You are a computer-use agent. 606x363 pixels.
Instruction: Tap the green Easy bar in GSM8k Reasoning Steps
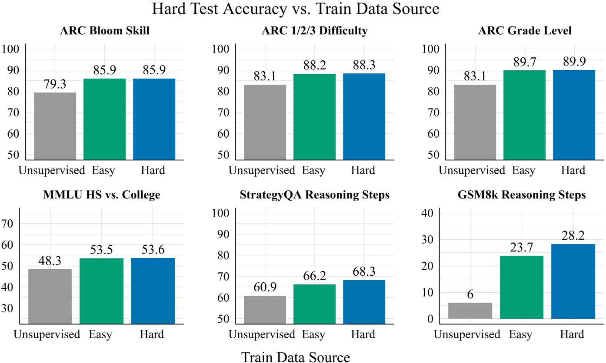[x=522, y=287]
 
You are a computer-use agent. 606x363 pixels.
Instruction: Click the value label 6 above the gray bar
[x=470, y=294]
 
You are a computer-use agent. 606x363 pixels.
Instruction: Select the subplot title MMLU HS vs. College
[x=101, y=195]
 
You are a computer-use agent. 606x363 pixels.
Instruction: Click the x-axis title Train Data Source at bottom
[x=296, y=357]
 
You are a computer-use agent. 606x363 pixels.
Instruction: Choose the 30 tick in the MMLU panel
[x=9, y=308]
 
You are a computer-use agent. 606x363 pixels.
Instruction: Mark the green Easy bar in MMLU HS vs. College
[x=101, y=291]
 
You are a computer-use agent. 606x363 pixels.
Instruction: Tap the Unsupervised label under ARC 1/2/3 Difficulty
[x=262, y=171]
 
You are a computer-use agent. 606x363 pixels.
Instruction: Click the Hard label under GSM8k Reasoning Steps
[x=572, y=335]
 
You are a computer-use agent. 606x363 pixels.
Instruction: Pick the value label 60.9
[x=264, y=287]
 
